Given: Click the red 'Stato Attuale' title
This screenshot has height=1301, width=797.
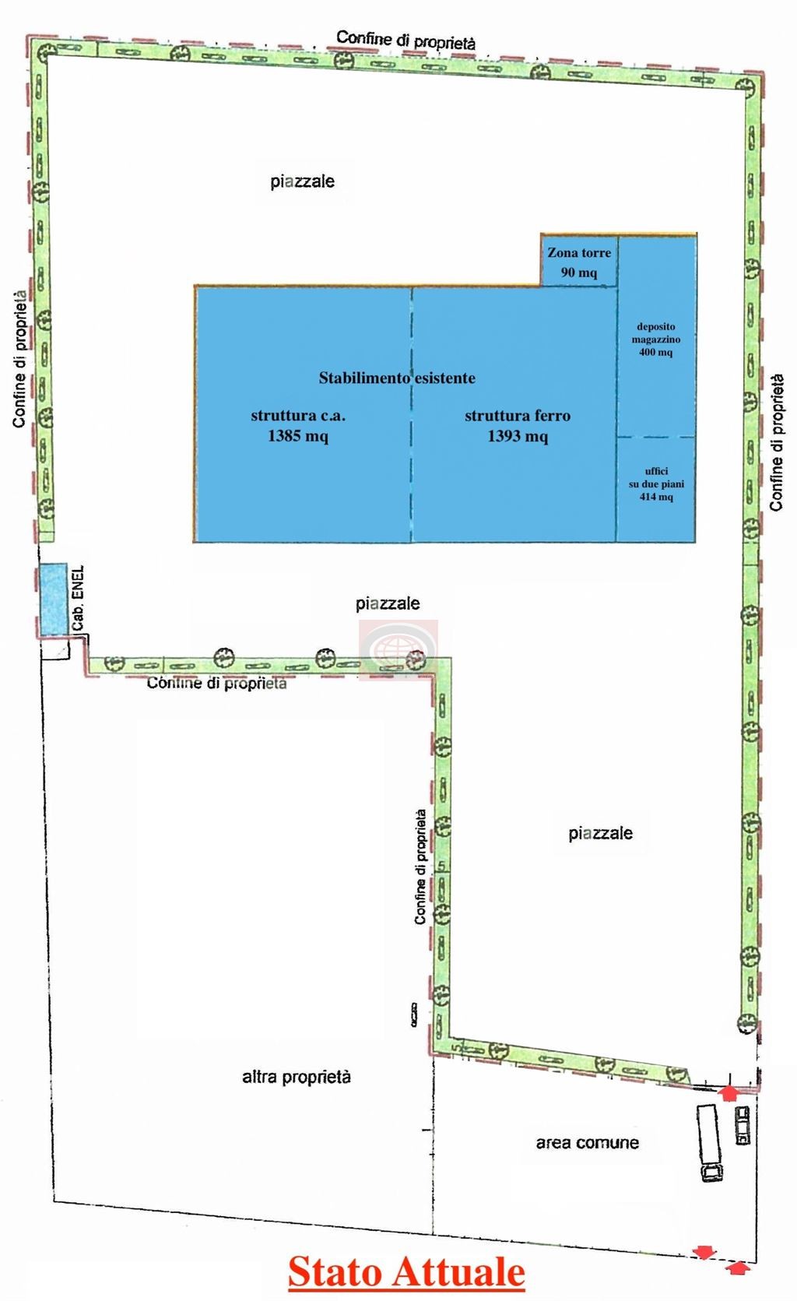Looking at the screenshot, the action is [406, 1271].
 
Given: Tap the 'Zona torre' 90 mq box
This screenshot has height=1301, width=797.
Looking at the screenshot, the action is [579, 261].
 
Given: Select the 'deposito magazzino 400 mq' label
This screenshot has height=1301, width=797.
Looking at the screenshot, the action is [656, 339].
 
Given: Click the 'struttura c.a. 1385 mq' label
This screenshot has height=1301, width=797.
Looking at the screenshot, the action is [298, 426].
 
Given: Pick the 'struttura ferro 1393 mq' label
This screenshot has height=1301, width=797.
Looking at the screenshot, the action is [518, 426].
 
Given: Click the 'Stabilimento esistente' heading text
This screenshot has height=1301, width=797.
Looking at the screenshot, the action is [397, 378].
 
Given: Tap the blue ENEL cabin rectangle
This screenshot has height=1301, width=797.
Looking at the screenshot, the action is [53, 600].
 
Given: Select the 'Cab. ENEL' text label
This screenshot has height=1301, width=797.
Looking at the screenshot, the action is [79, 598].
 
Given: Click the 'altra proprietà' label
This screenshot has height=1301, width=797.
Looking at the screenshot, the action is [297, 1077].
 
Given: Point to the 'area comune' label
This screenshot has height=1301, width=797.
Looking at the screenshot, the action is [588, 1142].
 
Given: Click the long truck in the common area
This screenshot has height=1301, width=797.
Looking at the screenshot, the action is [711, 1142].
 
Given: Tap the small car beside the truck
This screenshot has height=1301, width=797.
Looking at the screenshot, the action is [743, 1125].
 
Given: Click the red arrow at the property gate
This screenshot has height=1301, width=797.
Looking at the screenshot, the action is [729, 1093].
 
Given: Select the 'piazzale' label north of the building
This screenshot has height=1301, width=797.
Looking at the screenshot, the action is [303, 181].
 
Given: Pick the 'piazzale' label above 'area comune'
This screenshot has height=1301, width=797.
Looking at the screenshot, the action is [600, 833].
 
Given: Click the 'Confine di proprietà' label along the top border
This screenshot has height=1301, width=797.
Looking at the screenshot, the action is [406, 40].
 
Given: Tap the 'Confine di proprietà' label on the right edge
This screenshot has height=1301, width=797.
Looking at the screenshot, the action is [777, 442].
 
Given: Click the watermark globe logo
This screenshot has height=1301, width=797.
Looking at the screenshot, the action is [398, 650].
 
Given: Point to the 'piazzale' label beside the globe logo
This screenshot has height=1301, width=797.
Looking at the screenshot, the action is [388, 603].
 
